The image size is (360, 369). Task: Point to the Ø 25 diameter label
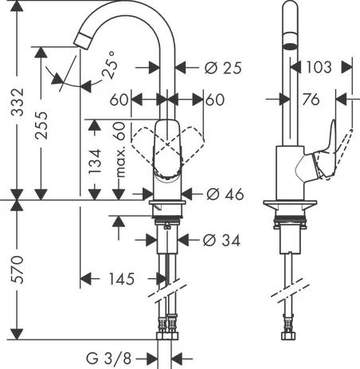coord(223,69)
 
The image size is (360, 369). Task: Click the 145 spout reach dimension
coord(119,279)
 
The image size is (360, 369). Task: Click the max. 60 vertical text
coord(119,157)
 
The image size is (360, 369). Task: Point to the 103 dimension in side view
coord(319,69)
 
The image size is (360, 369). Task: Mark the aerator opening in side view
coord(289,47)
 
